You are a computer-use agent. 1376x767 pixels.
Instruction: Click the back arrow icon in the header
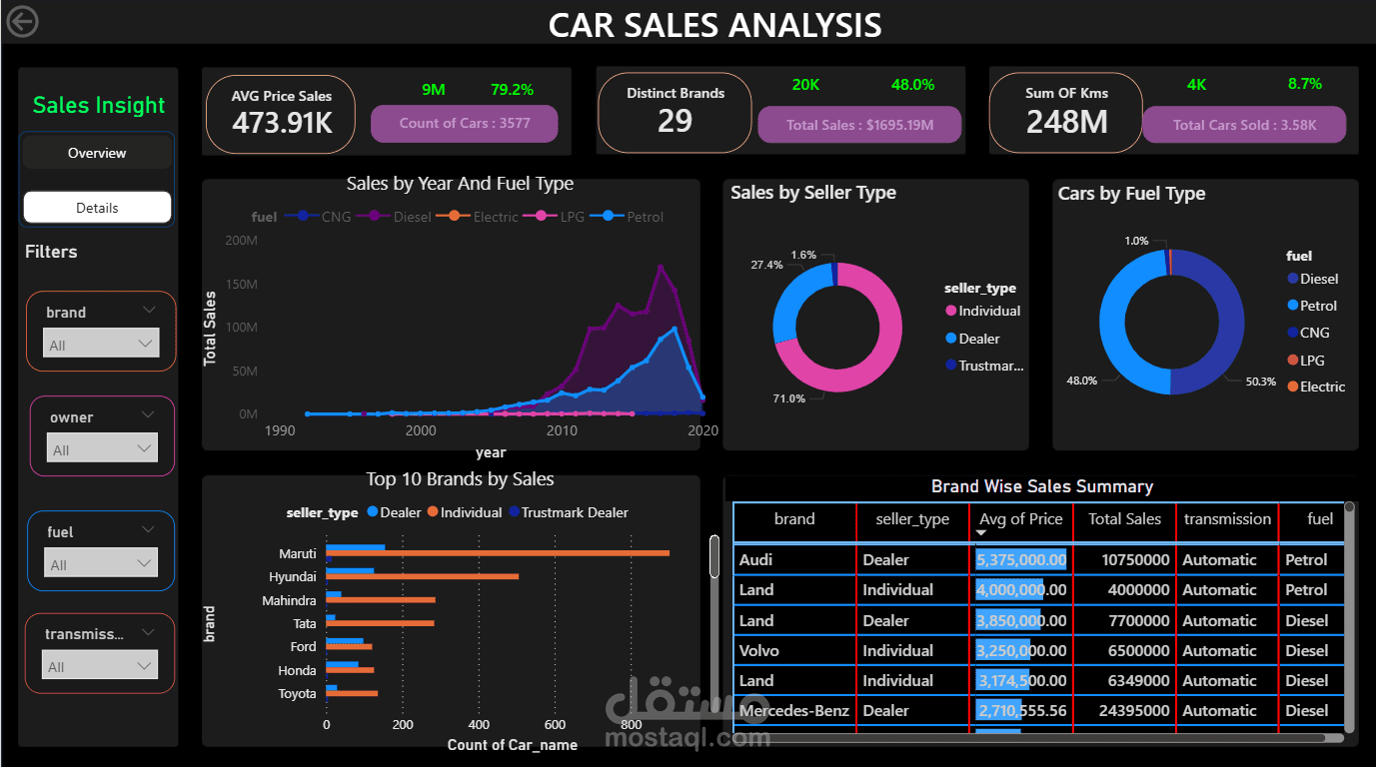(22, 21)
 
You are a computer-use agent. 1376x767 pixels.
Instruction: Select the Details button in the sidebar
(97, 208)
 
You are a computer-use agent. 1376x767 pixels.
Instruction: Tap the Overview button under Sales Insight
(97, 153)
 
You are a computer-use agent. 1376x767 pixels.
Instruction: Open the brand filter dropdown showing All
(100, 345)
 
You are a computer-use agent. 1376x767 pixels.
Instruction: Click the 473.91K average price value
(281, 123)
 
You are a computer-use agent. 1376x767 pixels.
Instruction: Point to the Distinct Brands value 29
(675, 121)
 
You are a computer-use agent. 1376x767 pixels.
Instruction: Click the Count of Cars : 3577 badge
(465, 124)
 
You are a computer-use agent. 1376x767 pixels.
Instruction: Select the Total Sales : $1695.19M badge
(859, 125)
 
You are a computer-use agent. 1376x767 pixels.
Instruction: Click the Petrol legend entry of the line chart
(636, 217)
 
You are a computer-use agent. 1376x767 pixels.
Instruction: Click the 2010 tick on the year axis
(562, 431)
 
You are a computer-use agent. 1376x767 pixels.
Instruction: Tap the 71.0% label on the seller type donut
(789, 399)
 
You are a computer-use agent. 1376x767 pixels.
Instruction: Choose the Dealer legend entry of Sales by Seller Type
(978, 339)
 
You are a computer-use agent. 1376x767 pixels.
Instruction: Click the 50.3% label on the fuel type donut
(1261, 382)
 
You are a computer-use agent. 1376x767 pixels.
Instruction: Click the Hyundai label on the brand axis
(292, 577)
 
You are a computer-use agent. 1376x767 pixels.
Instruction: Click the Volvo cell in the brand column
(758, 651)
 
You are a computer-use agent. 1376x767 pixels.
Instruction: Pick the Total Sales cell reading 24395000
(1123, 711)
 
